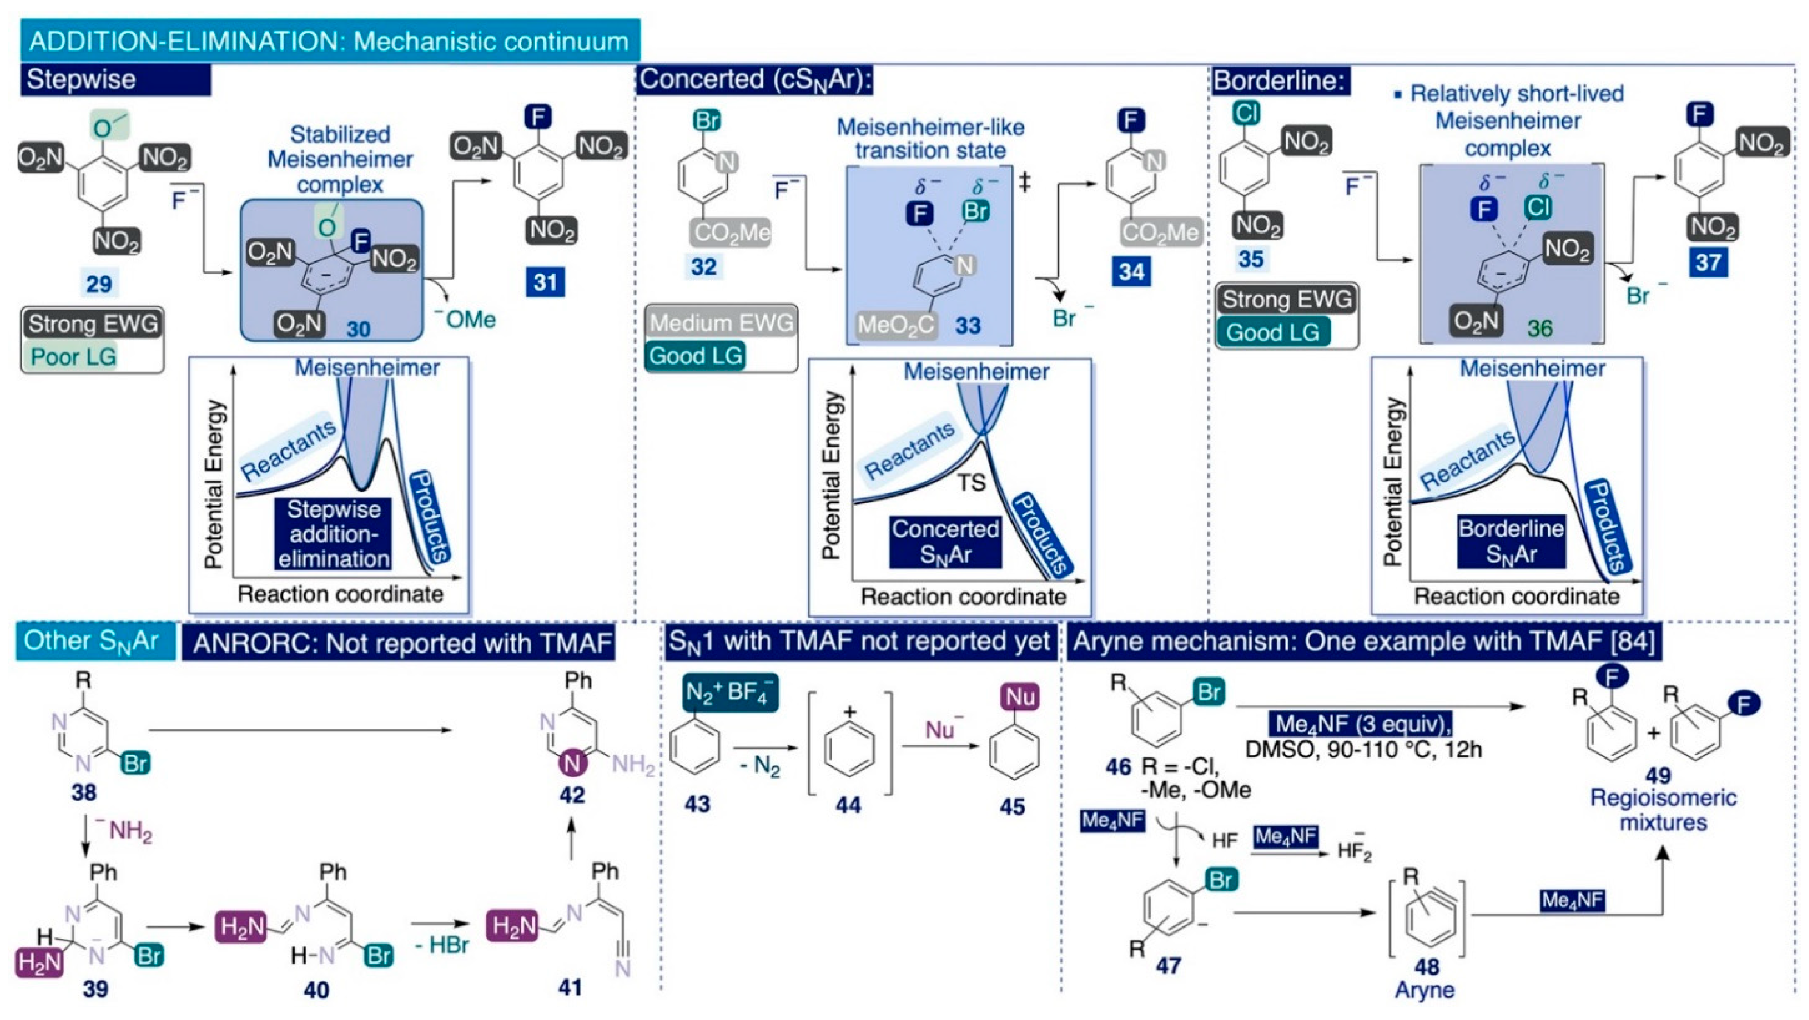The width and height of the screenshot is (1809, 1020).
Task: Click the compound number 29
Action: [98, 284]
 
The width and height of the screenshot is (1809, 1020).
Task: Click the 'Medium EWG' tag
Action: [721, 322]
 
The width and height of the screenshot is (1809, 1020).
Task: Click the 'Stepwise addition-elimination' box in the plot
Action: [333, 534]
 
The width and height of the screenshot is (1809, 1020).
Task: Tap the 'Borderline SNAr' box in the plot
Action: [1511, 541]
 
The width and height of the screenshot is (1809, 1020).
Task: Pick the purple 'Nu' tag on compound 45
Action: [1019, 697]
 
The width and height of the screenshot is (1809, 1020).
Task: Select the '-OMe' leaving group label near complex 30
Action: [465, 319]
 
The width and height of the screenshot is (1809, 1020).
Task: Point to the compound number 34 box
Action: [1131, 272]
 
